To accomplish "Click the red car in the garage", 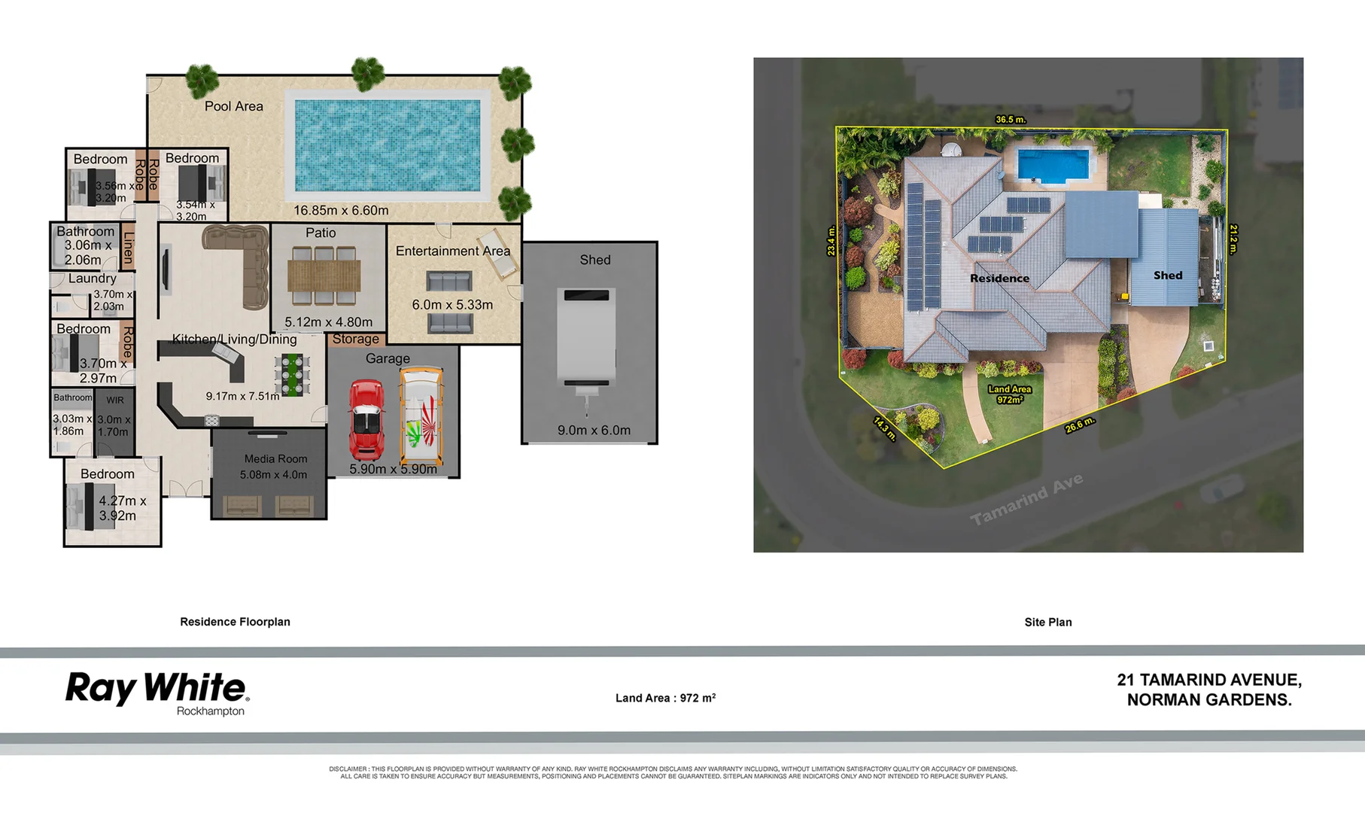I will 366,420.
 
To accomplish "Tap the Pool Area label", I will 234,106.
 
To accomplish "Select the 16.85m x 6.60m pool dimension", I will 341,211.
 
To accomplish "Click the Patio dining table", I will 324,276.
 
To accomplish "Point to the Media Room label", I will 275,458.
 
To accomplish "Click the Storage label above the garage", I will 355,340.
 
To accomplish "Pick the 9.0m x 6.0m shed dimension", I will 594,431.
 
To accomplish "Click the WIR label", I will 115,400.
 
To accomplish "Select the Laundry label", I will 92,279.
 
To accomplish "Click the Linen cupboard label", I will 128,246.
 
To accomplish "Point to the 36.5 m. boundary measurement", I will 1010,120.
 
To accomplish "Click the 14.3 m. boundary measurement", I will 885,428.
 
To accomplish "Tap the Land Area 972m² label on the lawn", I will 1009,394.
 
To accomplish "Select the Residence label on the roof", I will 999,279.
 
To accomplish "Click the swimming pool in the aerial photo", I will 1053,165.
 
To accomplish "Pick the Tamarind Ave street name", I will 1026,499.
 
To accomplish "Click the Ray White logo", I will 157,691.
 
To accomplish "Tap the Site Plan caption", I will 1047,622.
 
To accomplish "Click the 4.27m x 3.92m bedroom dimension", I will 122,508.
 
